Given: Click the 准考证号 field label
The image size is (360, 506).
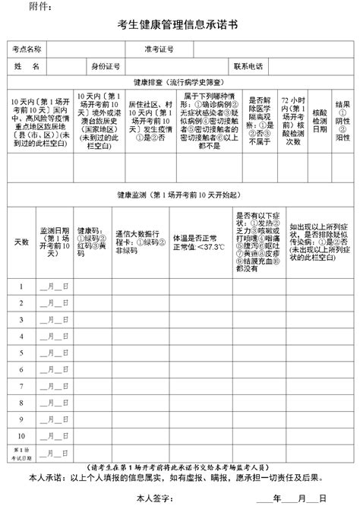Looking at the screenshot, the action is (159, 49).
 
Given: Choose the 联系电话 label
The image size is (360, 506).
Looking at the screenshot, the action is (248, 66).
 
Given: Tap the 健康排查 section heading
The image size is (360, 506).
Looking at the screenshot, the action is (179, 82).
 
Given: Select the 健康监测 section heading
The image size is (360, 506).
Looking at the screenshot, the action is (179, 195).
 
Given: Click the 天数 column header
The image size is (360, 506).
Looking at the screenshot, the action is (21, 242).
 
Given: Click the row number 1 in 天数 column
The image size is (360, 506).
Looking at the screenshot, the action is (21, 286).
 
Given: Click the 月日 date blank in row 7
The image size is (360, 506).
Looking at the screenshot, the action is (54, 389).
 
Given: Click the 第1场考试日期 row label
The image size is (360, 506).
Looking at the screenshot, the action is (21, 455).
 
